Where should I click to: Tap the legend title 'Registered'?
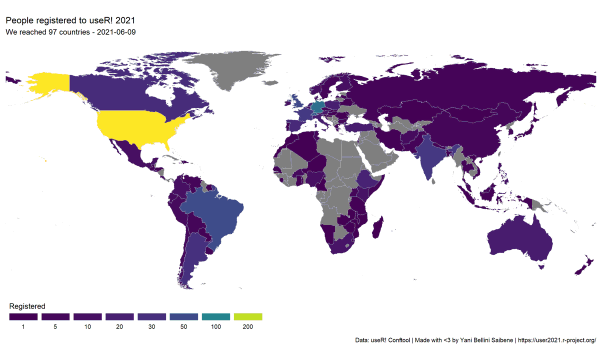(x=27, y=306)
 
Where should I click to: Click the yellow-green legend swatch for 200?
(x=248, y=316)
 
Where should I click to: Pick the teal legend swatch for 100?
(x=216, y=316)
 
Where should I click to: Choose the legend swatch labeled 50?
(x=184, y=316)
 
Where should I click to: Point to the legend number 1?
(x=23, y=327)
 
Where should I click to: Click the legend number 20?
(x=119, y=327)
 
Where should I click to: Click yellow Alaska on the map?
(x=47, y=85)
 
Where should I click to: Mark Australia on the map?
(x=520, y=240)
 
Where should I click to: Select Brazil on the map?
(x=212, y=215)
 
